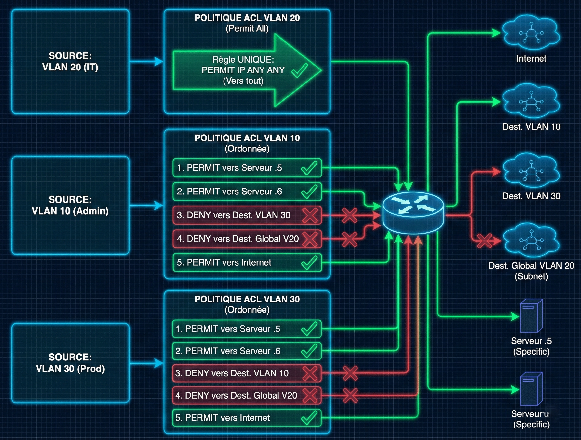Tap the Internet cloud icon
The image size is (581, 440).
[531, 33]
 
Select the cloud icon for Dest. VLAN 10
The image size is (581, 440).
[531, 101]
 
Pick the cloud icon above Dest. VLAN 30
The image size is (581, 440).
[531, 171]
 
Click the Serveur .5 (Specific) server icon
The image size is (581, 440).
[531, 316]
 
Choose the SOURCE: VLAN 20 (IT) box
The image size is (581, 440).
[70, 61]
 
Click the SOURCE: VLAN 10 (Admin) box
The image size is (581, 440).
[70, 205]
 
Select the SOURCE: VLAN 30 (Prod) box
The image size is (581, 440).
[70, 363]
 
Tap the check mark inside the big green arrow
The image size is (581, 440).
[299, 70]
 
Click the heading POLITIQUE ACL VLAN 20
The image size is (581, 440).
[247, 18]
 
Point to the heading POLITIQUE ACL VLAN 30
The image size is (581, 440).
[247, 299]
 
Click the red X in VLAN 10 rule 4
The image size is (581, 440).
[310, 239]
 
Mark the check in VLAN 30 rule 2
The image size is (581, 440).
[309, 351]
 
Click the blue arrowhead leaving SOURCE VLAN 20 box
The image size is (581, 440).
[159, 61]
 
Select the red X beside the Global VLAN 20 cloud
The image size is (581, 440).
[484, 241]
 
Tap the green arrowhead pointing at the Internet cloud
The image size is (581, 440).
[496, 33]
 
